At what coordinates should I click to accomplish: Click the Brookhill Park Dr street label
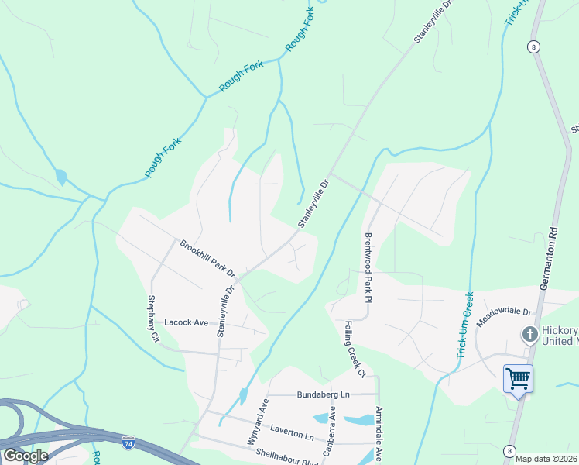pos(207,257)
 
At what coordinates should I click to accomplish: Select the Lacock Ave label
pos(186,322)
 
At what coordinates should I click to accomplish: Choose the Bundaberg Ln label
pos(324,394)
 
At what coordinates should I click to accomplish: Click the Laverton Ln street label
pos(292,431)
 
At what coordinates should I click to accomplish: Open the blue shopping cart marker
pos(518,380)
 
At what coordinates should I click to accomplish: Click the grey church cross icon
pos(530,335)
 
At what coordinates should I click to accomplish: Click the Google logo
pos(25,456)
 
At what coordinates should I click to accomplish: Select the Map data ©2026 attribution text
pos(546,459)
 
